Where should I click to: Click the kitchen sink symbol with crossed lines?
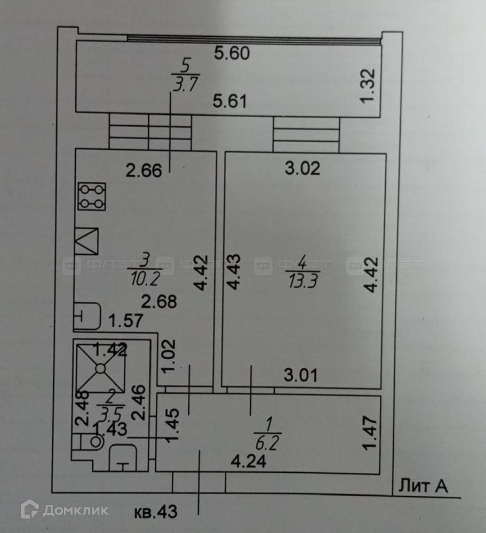pyautogui.click(x=86, y=241)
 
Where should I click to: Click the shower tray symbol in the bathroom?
pyautogui.click(x=100, y=367)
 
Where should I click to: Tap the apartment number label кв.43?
pyautogui.click(x=154, y=513)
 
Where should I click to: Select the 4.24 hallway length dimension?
pyautogui.click(x=248, y=461)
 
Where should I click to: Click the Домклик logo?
pyautogui.click(x=64, y=510)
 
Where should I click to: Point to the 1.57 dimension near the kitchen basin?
pyautogui.click(x=124, y=321)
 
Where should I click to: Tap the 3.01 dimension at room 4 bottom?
pyautogui.click(x=300, y=376)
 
